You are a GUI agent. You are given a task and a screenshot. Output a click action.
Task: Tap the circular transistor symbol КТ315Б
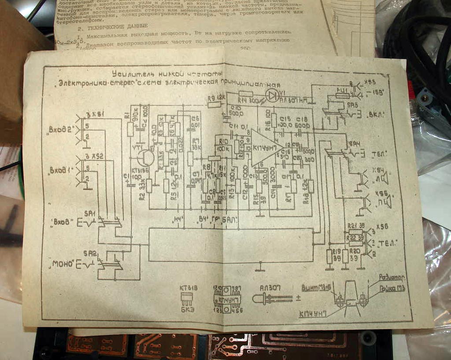(144, 157)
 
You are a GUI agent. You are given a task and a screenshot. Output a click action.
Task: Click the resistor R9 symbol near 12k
(214, 104)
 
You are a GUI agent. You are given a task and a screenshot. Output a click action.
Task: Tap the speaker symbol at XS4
(384, 178)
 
